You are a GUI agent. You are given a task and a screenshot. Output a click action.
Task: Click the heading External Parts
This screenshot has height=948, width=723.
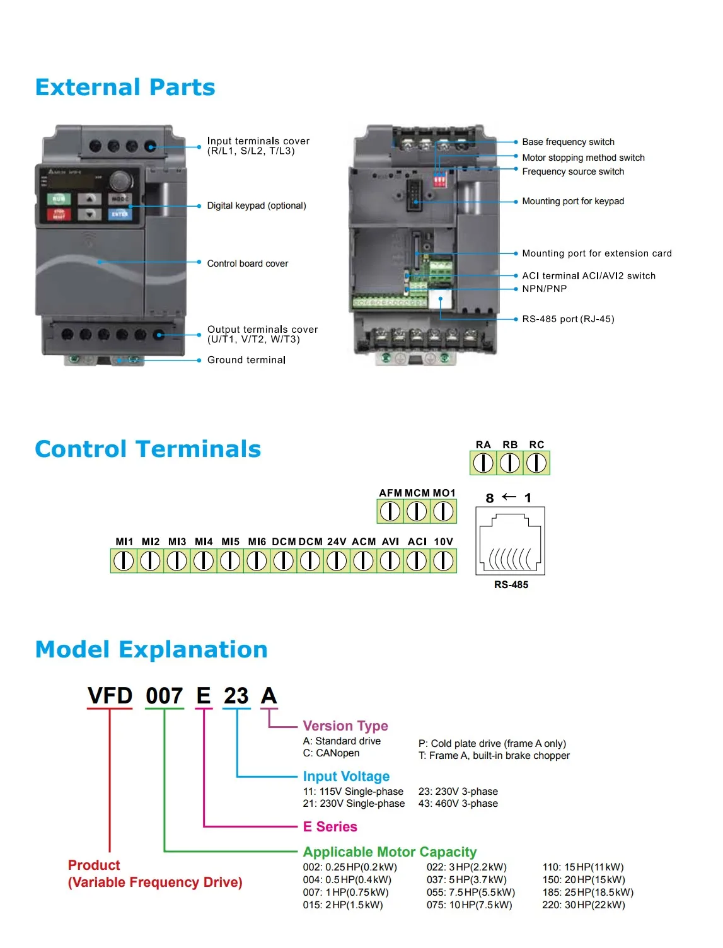coord(125,88)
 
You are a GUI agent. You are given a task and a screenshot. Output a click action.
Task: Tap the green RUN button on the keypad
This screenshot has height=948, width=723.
coord(59,199)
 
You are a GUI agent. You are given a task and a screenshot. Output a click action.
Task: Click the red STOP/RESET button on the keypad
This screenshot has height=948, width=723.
coord(59,214)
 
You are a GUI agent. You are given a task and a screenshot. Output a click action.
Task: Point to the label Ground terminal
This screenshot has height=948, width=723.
coord(246,360)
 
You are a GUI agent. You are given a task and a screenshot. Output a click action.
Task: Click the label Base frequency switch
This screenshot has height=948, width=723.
coord(568,142)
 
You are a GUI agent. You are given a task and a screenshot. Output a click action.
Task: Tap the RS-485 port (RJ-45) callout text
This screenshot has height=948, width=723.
coord(567,319)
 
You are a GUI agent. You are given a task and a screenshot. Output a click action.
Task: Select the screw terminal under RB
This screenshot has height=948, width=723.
coord(510,463)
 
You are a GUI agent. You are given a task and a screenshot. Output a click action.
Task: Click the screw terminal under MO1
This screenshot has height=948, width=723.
coord(444,511)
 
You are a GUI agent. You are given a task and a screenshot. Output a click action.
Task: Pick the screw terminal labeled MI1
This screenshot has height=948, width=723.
coord(124,560)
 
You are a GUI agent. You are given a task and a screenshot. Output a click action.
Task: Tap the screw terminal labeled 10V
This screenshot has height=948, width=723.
coord(444,560)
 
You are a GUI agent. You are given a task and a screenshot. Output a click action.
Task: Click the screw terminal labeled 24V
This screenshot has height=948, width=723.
coord(337,560)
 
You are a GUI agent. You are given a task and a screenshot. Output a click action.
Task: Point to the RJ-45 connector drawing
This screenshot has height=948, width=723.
coord(511,541)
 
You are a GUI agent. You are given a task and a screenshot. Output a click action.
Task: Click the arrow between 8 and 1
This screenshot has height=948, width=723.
coord(509,497)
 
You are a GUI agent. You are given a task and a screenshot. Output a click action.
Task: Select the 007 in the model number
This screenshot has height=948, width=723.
coord(165,696)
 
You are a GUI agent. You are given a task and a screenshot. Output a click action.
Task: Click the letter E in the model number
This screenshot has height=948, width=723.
coord(204,696)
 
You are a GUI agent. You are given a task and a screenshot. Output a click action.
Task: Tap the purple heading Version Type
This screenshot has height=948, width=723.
coord(345,726)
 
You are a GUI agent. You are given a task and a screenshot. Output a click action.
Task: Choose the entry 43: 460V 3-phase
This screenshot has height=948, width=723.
coord(458,804)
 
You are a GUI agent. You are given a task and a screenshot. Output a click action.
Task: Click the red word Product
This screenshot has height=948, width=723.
coord(94,865)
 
